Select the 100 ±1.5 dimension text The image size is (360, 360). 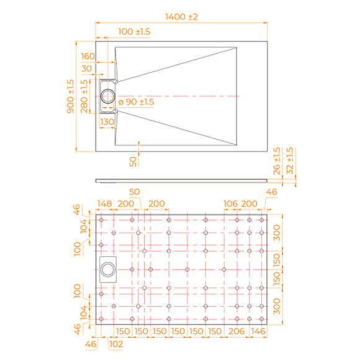point(133,32)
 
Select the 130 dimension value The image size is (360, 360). point(106,122)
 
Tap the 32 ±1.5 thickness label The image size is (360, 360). point(290,160)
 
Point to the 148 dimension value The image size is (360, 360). point(104,204)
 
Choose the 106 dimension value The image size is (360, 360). point(231,204)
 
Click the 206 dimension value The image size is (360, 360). point(236,331)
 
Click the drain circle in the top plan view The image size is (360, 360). point(109,96)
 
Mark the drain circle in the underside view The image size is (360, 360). point(109,269)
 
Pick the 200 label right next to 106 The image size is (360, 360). point(249,204)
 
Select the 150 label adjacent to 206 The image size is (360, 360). point(215,331)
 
